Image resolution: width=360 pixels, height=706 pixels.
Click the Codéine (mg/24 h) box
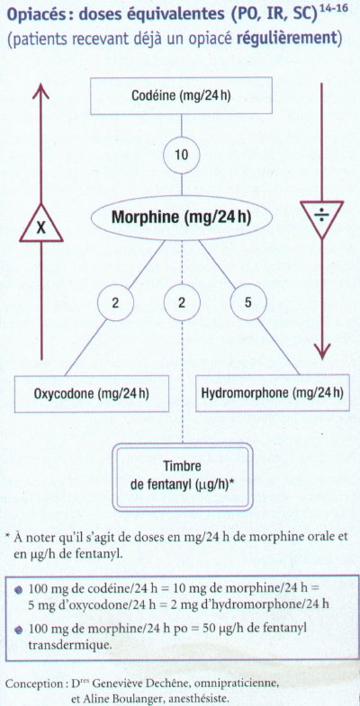[181, 96]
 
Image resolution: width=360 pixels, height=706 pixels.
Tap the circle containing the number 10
[181, 156]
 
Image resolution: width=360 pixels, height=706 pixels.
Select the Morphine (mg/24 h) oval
[182, 218]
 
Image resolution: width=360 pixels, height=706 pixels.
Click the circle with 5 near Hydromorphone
[248, 302]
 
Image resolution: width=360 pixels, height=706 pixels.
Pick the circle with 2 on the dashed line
[182, 302]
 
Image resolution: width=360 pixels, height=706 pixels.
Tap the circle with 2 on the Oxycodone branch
[115, 302]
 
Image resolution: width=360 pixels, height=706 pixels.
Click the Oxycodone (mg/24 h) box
[92, 394]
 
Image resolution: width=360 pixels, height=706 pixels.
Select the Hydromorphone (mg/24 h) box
[272, 393]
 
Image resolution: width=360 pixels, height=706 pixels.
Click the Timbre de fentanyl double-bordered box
[182, 477]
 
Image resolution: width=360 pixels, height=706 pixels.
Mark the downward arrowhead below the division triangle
[321, 349]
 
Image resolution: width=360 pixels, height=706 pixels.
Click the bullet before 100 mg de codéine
[19, 589]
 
